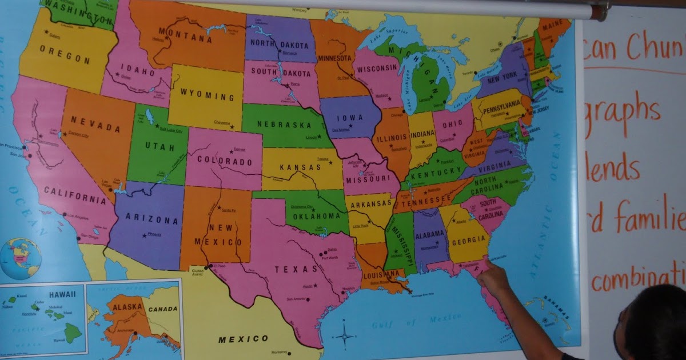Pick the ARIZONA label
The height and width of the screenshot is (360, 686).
(144, 220)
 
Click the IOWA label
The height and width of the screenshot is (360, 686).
(349, 118)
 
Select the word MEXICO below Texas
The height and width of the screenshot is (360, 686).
(243, 339)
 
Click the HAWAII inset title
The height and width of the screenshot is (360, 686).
(62, 294)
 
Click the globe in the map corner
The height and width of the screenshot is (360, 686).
(20, 259)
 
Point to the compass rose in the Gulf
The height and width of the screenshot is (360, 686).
(345, 334)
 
